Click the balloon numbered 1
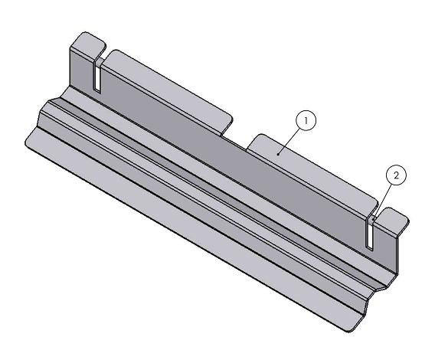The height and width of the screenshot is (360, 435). click(306, 120)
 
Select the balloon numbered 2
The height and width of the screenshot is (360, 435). click(396, 175)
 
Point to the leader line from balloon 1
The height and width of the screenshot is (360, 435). click(293, 139)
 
